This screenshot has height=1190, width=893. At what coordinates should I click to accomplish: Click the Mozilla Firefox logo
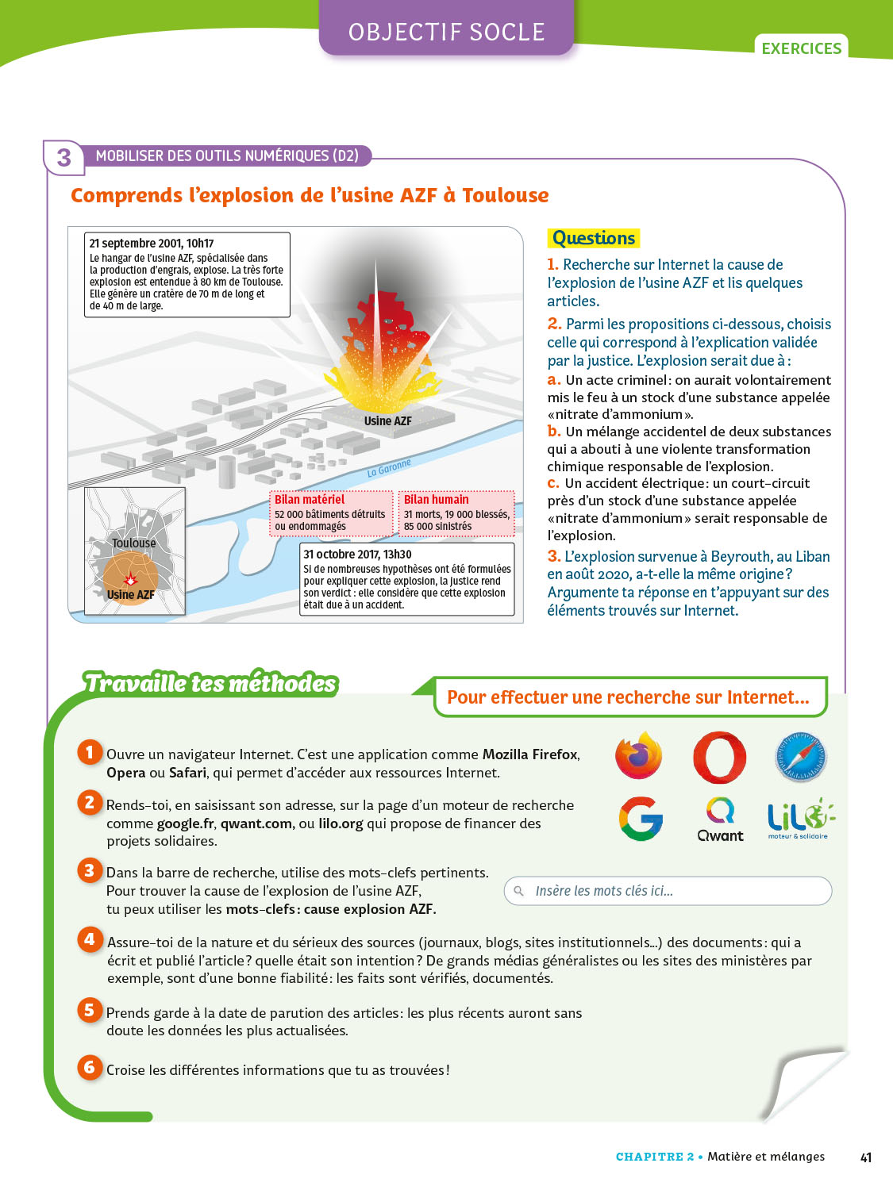pyautogui.click(x=639, y=756)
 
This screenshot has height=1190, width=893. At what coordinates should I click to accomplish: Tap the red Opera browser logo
pyautogui.click(x=719, y=758)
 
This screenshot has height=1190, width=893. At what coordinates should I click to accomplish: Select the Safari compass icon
pyautogui.click(x=800, y=757)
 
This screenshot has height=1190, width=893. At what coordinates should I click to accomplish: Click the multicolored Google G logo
pyautogui.click(x=641, y=819)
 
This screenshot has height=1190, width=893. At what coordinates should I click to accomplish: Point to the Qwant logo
pyautogui.click(x=721, y=820)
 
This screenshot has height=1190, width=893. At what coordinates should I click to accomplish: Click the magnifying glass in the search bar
pyautogui.click(x=519, y=891)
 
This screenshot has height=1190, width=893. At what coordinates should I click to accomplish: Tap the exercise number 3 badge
pyautogui.click(x=64, y=158)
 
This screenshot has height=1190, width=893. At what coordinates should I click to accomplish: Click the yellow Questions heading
pyautogui.click(x=594, y=238)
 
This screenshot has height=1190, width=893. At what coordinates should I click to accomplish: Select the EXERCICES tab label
pyautogui.click(x=801, y=48)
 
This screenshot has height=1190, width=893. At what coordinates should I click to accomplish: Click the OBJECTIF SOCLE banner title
pyautogui.click(x=446, y=32)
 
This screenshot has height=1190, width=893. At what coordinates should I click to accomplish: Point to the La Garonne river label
pyautogui.click(x=389, y=467)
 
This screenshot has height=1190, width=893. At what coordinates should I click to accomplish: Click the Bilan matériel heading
pyautogui.click(x=310, y=499)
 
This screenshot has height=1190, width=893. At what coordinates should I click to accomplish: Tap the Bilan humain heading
pyautogui.click(x=436, y=499)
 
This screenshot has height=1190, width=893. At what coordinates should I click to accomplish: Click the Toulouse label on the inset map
pyautogui.click(x=134, y=543)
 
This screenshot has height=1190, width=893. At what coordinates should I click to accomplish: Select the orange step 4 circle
pyautogui.click(x=90, y=939)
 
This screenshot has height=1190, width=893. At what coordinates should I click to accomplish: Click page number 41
pyautogui.click(x=866, y=1157)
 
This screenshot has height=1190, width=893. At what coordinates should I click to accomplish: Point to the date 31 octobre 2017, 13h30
pyautogui.click(x=357, y=554)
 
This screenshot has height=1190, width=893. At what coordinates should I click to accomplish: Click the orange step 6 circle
pyautogui.click(x=90, y=1067)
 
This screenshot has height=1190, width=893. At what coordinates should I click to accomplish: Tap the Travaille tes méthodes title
pyautogui.click(x=210, y=683)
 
